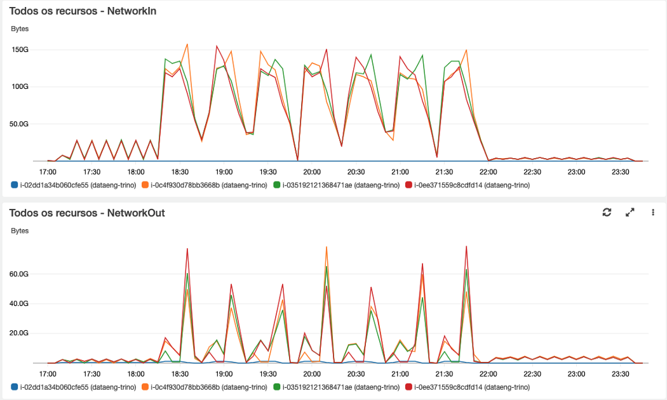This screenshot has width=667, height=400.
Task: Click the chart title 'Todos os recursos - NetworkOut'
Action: (87, 213)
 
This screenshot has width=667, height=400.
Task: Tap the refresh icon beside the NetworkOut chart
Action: (607, 213)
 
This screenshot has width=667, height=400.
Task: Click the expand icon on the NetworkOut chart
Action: (630, 213)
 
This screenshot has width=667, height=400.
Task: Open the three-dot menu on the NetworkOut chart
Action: (652, 213)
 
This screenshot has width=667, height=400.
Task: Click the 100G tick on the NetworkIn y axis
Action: (37, 86)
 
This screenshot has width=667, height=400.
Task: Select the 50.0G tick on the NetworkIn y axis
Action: (36, 124)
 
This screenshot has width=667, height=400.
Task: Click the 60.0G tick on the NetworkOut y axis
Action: (36, 274)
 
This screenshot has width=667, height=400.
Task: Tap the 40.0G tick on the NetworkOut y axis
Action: (36, 303)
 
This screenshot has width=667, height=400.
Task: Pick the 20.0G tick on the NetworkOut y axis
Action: (36, 333)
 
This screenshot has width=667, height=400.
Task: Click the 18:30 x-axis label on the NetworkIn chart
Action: (180, 171)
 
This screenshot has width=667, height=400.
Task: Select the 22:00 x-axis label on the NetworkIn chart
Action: (488, 171)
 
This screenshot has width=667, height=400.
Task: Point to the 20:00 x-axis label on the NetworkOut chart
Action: (311, 374)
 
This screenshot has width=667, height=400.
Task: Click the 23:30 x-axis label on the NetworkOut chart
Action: (620, 374)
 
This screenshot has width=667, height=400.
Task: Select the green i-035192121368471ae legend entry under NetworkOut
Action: (336, 387)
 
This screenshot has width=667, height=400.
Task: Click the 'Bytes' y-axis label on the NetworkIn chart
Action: (20, 29)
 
